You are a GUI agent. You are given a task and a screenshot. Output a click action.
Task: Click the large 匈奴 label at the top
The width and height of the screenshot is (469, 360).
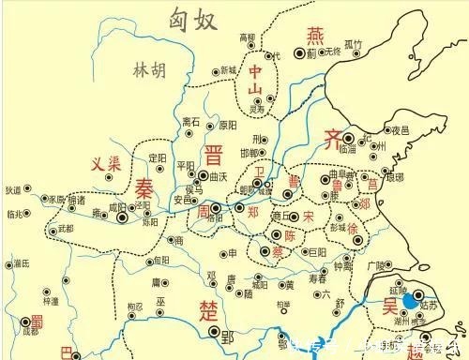192,18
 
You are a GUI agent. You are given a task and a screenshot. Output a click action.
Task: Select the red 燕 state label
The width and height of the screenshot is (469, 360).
313,35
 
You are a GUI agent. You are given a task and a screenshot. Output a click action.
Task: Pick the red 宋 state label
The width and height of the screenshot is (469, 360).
309,217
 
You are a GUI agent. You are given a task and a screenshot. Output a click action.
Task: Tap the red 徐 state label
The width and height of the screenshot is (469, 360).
353,229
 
